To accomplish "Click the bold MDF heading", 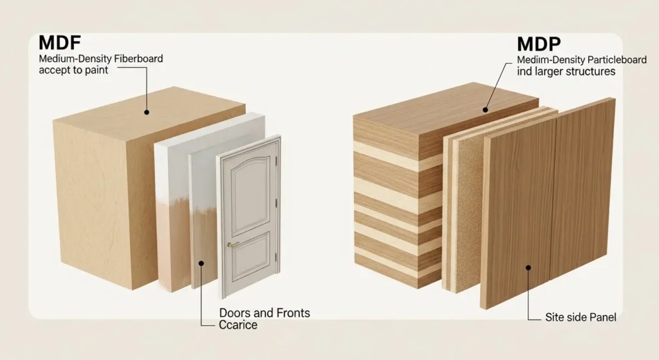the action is click(x=59, y=43).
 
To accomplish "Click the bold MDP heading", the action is click(x=539, y=44).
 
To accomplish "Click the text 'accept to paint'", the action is click(x=73, y=70).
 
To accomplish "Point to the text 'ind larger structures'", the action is click(x=566, y=71).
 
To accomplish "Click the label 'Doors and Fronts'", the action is click(x=265, y=313).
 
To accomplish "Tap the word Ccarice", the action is click(x=238, y=325).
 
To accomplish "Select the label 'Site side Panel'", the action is click(x=580, y=317).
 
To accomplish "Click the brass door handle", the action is click(x=232, y=244).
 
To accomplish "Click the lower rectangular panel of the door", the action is click(x=252, y=256).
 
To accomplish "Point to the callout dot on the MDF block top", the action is click(x=147, y=112).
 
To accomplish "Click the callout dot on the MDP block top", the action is click(x=485, y=110).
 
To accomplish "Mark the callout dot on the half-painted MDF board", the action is click(x=201, y=263).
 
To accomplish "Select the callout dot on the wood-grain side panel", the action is click(x=528, y=267).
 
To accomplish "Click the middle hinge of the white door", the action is click(x=276, y=203).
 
